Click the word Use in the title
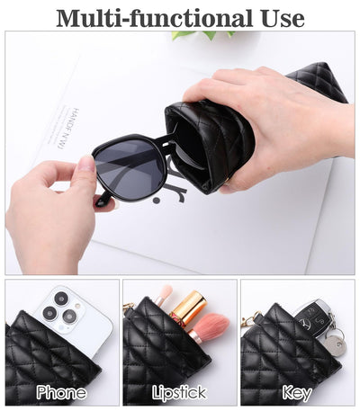[281, 17]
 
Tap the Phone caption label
[61, 392]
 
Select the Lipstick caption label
[179, 392]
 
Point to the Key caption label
[297, 392]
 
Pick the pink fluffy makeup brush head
[210, 326]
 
